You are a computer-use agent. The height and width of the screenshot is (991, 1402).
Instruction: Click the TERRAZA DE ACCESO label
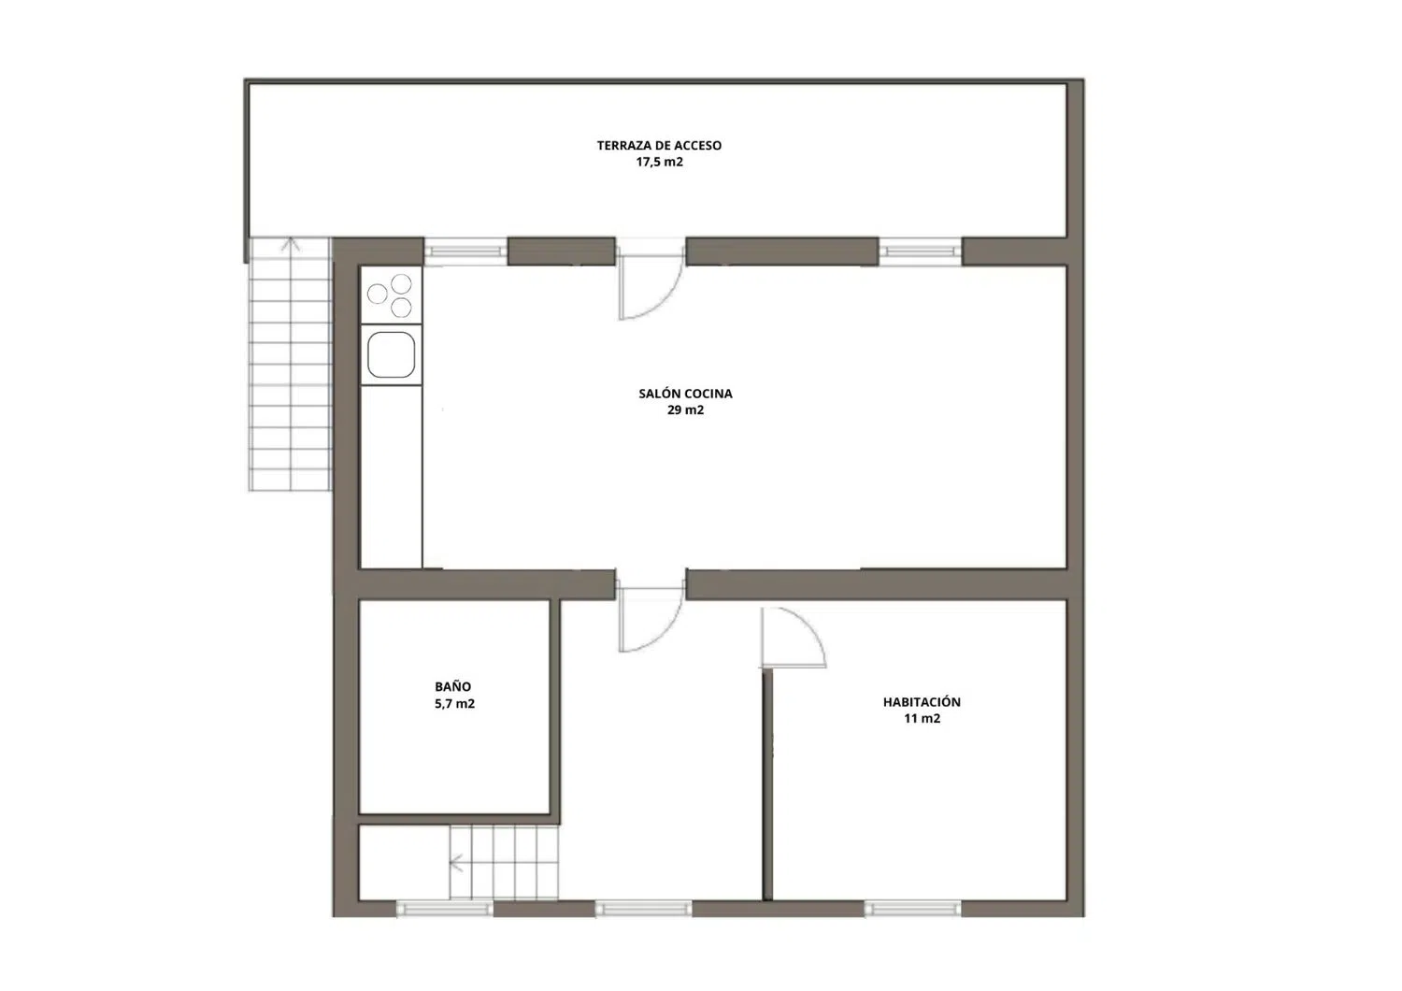point(659,145)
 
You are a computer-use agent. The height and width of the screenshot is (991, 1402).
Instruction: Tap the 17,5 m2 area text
point(660,162)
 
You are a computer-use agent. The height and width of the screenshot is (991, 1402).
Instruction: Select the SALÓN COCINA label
point(685,394)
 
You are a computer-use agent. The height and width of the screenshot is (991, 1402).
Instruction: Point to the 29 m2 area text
point(685,410)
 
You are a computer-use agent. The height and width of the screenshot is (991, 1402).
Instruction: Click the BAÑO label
point(453,686)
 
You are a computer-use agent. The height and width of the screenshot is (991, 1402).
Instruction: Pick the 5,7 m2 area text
point(455,703)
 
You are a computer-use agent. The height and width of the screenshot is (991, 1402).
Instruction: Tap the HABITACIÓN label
point(922,702)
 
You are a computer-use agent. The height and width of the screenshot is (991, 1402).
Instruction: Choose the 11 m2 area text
point(922,718)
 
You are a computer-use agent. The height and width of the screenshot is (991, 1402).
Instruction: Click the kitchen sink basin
point(392,355)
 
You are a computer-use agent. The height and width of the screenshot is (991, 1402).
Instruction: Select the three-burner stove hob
point(392,295)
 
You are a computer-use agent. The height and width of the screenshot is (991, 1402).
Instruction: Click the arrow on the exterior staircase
point(290,245)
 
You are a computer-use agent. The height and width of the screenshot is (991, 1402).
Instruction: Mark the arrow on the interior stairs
point(456,864)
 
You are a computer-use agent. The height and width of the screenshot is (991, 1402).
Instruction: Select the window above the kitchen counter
point(465,251)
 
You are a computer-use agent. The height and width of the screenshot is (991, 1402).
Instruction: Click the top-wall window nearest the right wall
point(920,251)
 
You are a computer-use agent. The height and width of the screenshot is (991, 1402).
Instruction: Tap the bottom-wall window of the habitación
point(912,909)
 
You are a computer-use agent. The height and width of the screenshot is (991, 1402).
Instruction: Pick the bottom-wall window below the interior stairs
point(445,909)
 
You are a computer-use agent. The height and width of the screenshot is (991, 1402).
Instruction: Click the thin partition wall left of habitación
point(767,784)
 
